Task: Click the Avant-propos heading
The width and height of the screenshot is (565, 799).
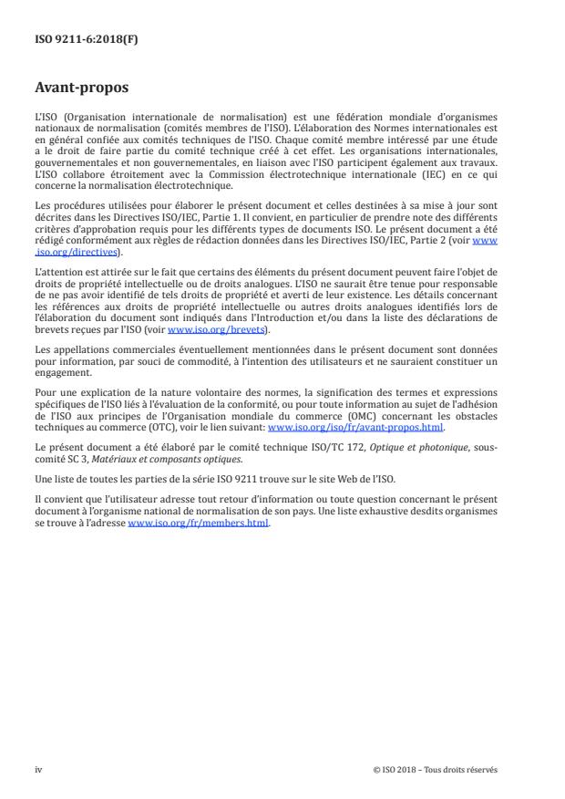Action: (x=81, y=88)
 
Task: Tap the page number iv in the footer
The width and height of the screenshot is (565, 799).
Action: (x=38, y=770)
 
